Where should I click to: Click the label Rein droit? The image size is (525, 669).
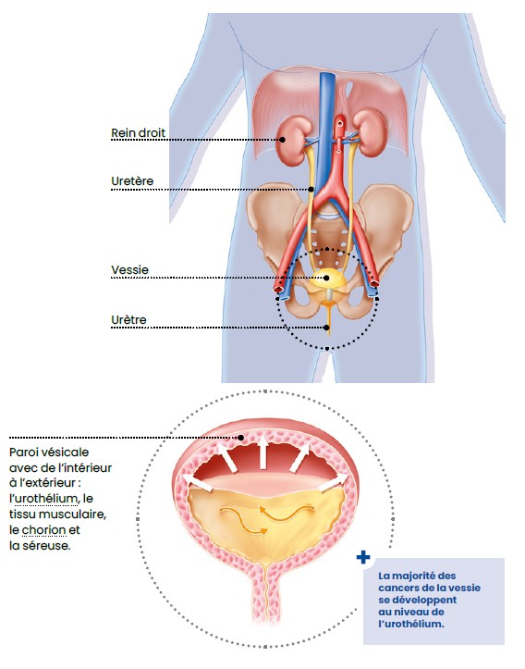pos(138,133)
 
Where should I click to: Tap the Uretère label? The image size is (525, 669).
pos(132,181)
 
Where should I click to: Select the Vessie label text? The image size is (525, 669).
pos(130,270)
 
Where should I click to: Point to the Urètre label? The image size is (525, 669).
pos(128,320)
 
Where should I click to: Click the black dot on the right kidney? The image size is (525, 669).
pos(282,139)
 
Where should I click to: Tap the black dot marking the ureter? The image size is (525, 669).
pos(311,189)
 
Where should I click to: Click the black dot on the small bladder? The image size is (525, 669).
pos(327,278)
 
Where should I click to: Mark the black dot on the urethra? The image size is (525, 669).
pos(327,328)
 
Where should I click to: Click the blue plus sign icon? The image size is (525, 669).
pos(363,557)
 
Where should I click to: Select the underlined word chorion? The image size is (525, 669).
pos(43,530)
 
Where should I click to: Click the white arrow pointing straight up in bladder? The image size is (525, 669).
pos(262,452)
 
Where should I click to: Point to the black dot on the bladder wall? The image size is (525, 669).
pos(240,438)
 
